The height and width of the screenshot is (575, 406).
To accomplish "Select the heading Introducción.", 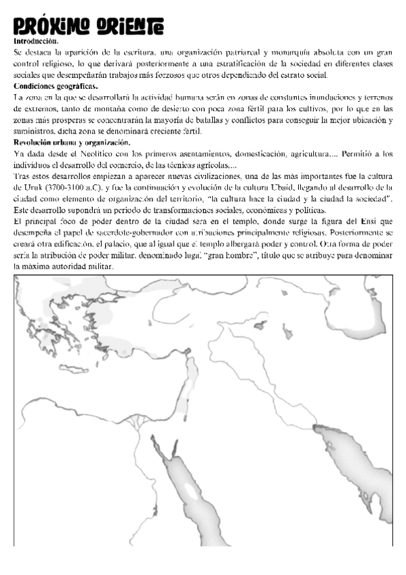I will pyautogui.click(x=35, y=41).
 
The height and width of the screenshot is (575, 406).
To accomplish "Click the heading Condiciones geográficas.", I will pyautogui.click(x=56, y=86).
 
